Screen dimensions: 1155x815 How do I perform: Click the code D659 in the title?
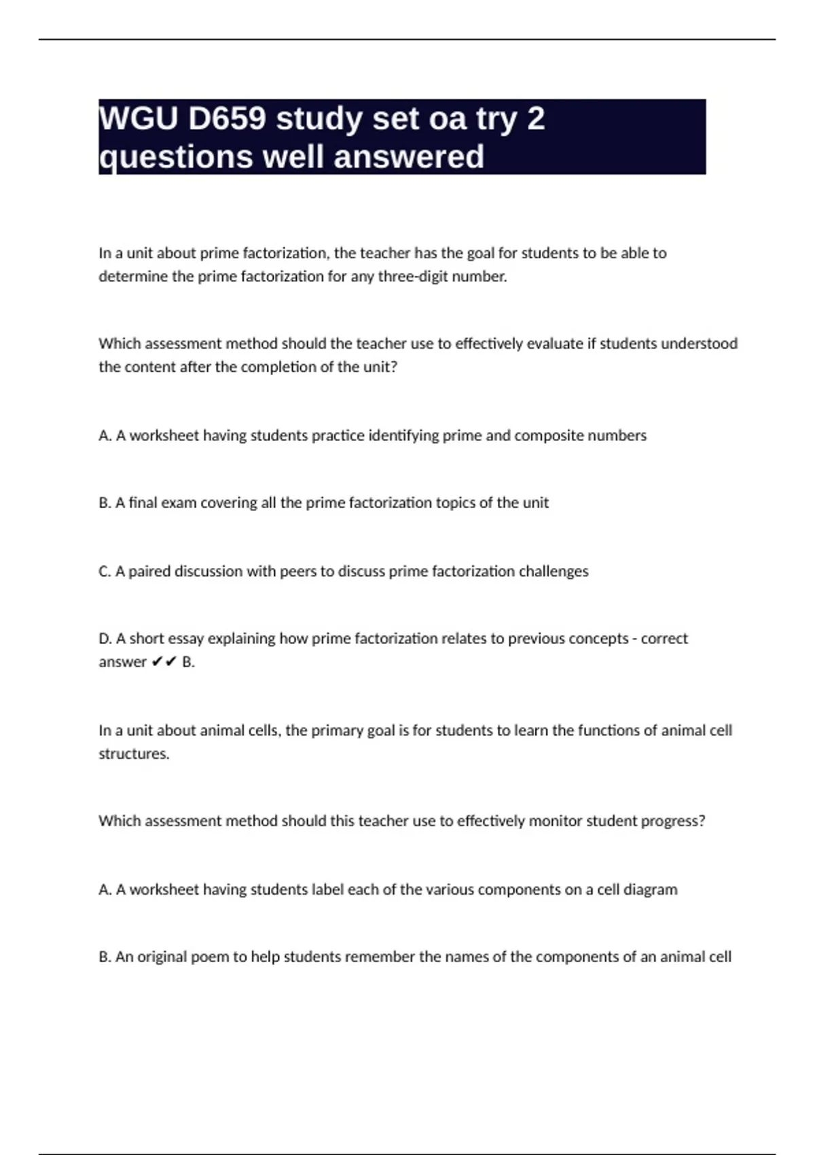[x=227, y=119]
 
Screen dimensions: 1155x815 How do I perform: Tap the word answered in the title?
[x=409, y=157]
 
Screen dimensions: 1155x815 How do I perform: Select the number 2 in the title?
[x=535, y=119]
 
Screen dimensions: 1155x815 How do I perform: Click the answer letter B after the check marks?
[x=187, y=662]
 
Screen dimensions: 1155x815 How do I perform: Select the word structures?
[x=134, y=754]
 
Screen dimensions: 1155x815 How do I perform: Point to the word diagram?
[x=650, y=890]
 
